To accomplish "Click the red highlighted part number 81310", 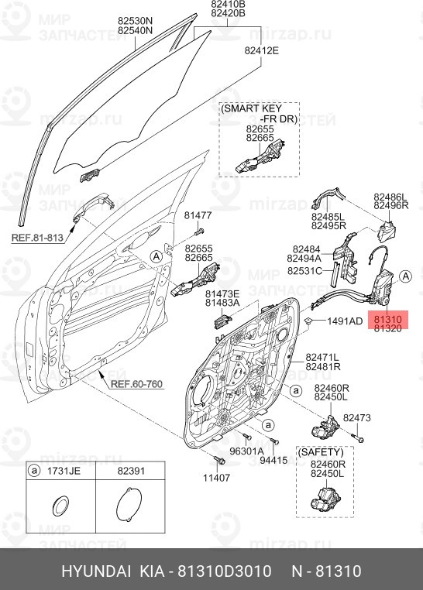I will pos(387,317).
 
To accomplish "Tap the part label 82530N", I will pos(135,20).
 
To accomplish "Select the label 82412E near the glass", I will pos(261,51).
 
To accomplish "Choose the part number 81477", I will pos(198,214).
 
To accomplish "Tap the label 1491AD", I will pos(344,321).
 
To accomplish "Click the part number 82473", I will pos(357,418).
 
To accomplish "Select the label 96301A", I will pos(246,451).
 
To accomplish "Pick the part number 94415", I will pos(273,461).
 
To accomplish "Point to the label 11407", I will pos(217,478).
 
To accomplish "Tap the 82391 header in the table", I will pos(129,470).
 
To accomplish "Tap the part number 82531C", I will pos(304,272).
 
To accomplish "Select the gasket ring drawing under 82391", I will pos(129,507).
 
